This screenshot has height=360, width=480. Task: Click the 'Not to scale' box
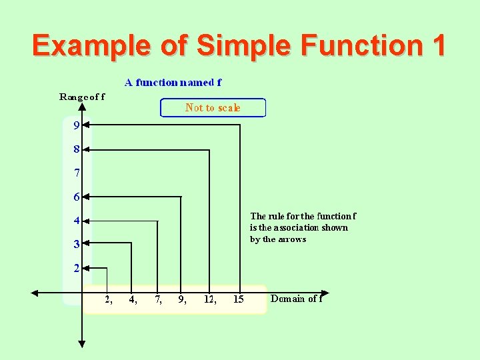213,108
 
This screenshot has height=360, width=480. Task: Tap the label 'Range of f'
82,97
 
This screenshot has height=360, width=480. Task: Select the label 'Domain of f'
296,299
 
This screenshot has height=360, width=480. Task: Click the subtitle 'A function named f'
173,83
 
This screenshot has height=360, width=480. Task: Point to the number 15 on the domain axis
238,299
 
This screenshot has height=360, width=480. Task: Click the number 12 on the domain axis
209,299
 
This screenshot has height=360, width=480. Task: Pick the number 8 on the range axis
77,150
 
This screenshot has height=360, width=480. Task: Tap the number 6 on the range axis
77,197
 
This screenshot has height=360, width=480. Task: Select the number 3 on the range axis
77,244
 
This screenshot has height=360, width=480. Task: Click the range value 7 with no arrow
77,173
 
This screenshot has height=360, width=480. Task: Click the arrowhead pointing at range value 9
87,124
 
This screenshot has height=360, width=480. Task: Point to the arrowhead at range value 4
87,221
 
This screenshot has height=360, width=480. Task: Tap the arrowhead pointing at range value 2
87,268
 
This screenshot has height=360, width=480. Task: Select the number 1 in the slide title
438,45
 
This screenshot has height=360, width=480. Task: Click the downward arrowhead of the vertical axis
82,343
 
